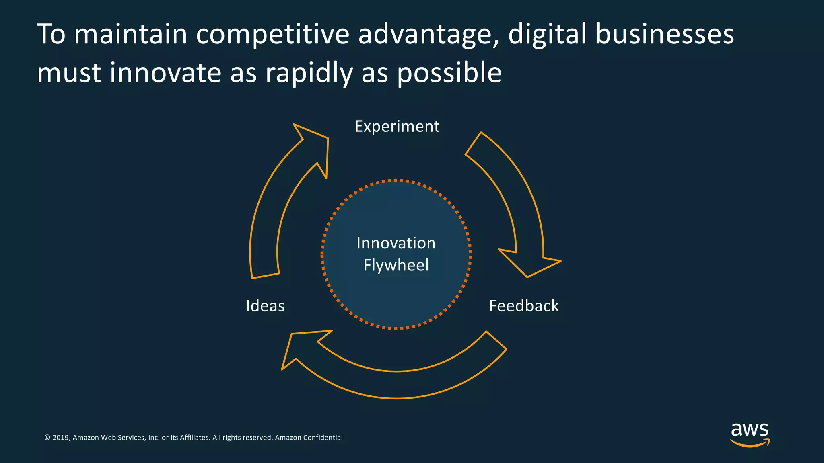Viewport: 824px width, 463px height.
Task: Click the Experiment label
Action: tap(397, 127)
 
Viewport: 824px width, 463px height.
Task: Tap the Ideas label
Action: tap(265, 306)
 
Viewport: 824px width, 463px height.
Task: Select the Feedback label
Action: tap(523, 306)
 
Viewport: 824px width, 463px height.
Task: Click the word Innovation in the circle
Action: tap(396, 243)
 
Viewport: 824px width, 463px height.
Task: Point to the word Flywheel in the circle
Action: tap(396, 265)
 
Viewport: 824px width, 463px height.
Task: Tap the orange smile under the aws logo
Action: tap(750, 444)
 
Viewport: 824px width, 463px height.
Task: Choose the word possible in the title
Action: tap(449, 74)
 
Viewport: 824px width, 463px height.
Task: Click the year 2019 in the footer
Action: tap(60, 438)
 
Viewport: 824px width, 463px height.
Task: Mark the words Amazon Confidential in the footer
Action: tap(309, 438)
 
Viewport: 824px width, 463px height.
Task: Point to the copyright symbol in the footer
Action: tap(47, 438)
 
